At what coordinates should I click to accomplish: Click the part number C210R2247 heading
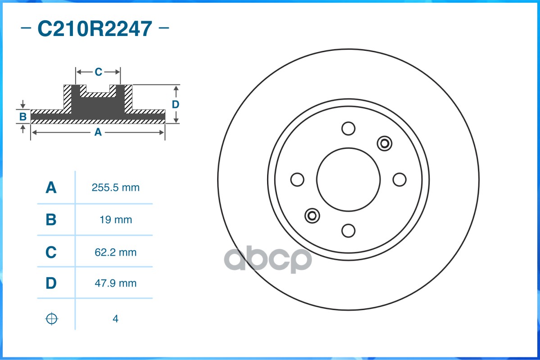[x=95, y=29]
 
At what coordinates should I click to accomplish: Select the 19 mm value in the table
[x=116, y=220]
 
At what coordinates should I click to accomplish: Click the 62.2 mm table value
[x=115, y=252]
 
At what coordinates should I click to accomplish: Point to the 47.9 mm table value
[x=115, y=283]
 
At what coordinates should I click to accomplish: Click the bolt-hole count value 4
[x=115, y=319]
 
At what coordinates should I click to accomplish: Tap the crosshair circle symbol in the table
[x=52, y=319]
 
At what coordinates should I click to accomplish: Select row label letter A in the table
[x=51, y=188]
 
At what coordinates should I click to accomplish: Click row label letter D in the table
[x=51, y=283]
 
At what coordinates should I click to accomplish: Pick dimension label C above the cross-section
[x=98, y=72]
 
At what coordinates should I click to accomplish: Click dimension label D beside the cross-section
[x=176, y=104]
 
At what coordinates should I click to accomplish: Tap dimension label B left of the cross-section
[x=23, y=117]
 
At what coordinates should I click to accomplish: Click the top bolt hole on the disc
[x=348, y=129]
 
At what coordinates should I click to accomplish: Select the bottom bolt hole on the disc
[x=348, y=230]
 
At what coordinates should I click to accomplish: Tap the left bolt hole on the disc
[x=297, y=180]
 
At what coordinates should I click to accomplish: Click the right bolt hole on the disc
[x=399, y=180]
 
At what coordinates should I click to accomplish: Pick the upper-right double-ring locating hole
[x=385, y=144]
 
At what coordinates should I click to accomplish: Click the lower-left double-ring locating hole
[x=312, y=216]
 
